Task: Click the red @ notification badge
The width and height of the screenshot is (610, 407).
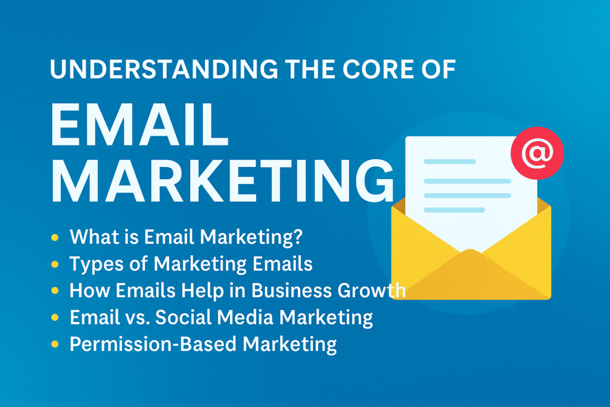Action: click(537, 154)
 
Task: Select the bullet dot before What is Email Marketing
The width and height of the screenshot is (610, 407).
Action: click(55, 237)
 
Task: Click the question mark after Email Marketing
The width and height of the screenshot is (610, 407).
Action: click(297, 237)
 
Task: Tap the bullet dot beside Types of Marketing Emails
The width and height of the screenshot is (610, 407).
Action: click(55, 263)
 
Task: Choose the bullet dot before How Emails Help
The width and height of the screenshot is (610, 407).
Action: click(55, 291)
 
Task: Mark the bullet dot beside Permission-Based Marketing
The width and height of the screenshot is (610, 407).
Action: click(55, 344)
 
